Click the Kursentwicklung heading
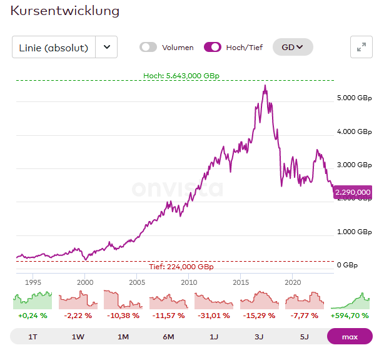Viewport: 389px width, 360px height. (x=65, y=11)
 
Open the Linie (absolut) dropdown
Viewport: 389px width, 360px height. (x=106, y=47)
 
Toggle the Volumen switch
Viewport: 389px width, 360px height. (x=148, y=47)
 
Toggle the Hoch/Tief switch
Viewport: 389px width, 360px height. (x=213, y=47)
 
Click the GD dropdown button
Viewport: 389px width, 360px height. (x=292, y=47)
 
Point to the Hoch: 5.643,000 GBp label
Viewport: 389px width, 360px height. (x=181, y=76)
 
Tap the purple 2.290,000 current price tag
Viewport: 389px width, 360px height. (x=353, y=192)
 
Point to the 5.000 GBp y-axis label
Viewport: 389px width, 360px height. (x=355, y=98)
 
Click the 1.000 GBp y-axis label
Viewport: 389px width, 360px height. (x=355, y=232)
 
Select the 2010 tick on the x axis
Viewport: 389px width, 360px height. (x=189, y=282)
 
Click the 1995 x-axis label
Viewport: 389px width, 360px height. (x=34, y=282)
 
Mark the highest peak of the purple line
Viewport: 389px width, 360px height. (x=265, y=86)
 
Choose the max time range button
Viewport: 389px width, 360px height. (x=350, y=337)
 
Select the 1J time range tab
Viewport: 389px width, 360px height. (x=214, y=337)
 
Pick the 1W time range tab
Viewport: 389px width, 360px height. (x=78, y=337)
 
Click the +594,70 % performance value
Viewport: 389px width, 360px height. (x=350, y=316)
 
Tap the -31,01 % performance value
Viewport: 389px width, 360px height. (x=214, y=316)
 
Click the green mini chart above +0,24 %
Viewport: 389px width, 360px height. (x=33, y=299)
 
